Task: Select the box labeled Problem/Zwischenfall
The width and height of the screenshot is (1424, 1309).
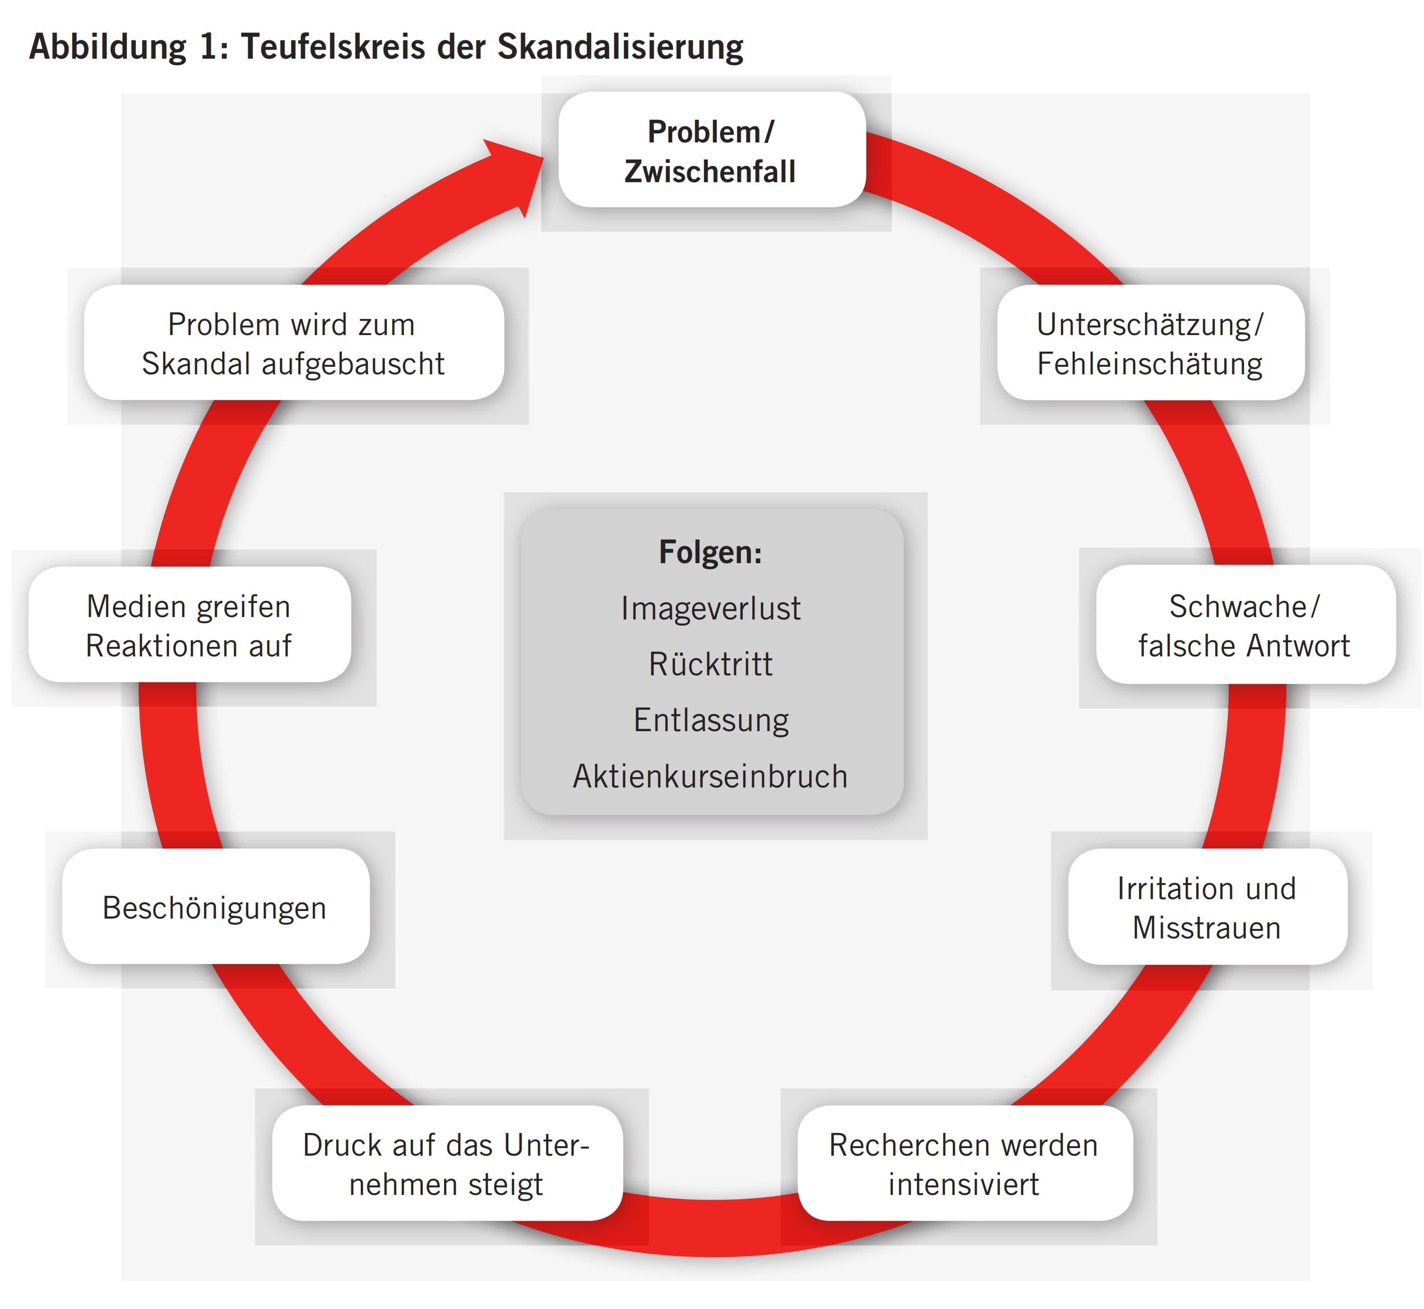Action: (x=712, y=150)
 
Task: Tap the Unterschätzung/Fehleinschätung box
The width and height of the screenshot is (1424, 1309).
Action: (x=1150, y=344)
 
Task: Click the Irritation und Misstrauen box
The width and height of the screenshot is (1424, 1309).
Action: (x=1207, y=907)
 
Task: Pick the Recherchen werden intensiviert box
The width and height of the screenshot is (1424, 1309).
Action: (x=964, y=1164)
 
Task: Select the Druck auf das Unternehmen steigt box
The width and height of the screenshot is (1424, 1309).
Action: (x=447, y=1164)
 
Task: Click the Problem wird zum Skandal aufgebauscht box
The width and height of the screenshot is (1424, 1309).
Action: (x=294, y=344)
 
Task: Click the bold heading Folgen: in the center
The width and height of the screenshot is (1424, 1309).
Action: (x=711, y=552)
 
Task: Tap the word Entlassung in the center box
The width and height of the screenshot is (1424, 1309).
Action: (x=711, y=720)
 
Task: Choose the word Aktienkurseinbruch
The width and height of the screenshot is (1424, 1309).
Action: (x=711, y=776)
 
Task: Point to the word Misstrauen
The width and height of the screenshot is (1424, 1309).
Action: (x=1207, y=928)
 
